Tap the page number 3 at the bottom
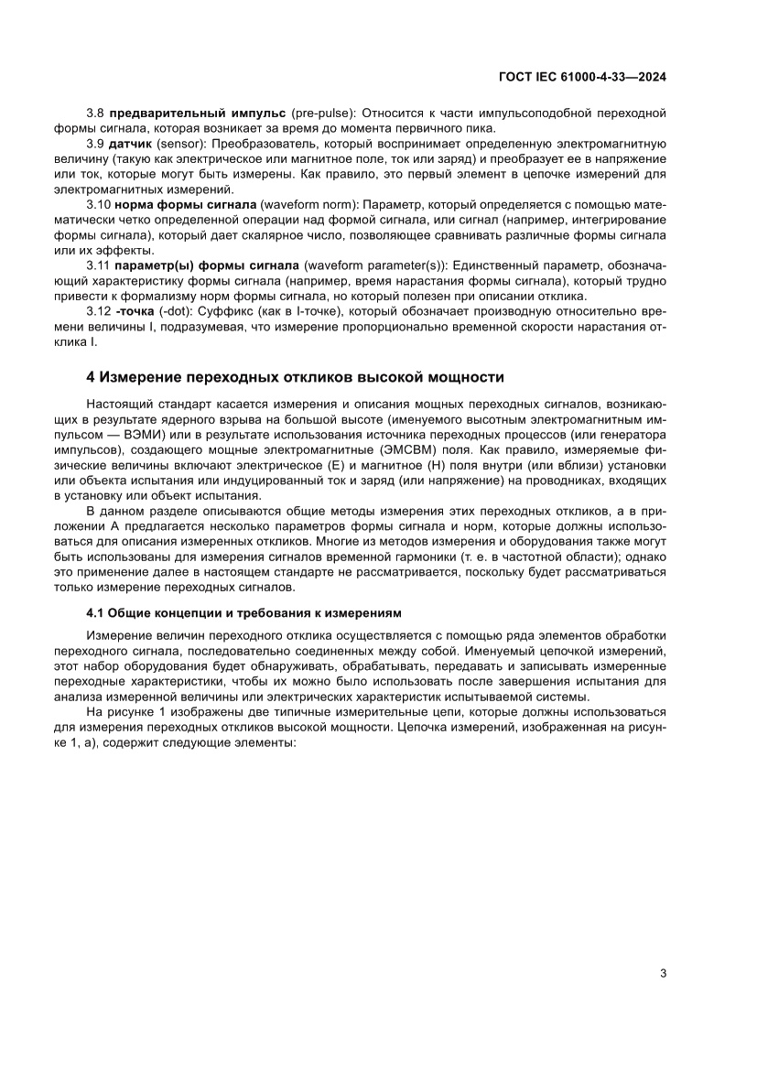pos(663,973)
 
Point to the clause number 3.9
pos(96,144)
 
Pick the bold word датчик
pos(131,144)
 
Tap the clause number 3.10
pos(99,204)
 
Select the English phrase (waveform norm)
pos(305,204)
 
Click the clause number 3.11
pos(99,265)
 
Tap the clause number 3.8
pos(96,113)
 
